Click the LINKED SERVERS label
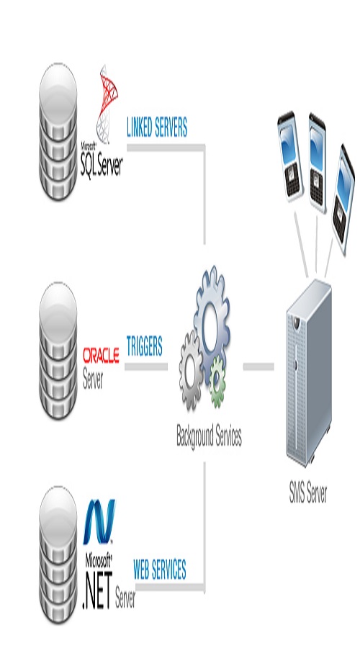coord(156,128)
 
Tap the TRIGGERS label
coord(144,346)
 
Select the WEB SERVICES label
coord(159,570)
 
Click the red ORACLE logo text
coord(101,356)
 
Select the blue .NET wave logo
coord(99,522)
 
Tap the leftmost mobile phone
coord(291,153)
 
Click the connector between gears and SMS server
coord(258,366)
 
